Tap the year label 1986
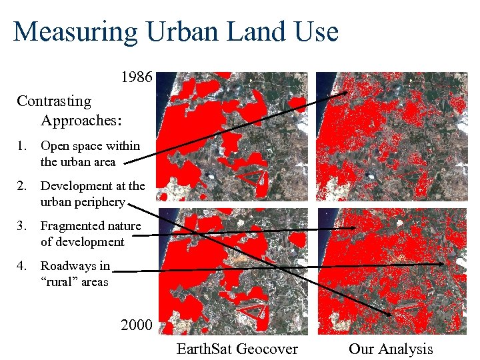pos(137,77)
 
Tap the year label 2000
pos(137,325)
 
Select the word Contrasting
pos(54,101)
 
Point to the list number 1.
pos(22,145)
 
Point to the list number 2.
pos(22,186)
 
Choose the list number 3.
pos(22,226)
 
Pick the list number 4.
pos(22,266)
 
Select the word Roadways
pos(65,266)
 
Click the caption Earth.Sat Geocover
pos(237,349)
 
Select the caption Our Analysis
pos(391,349)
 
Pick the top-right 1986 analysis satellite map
pos(392,137)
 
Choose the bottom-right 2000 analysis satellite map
pos(392,271)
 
